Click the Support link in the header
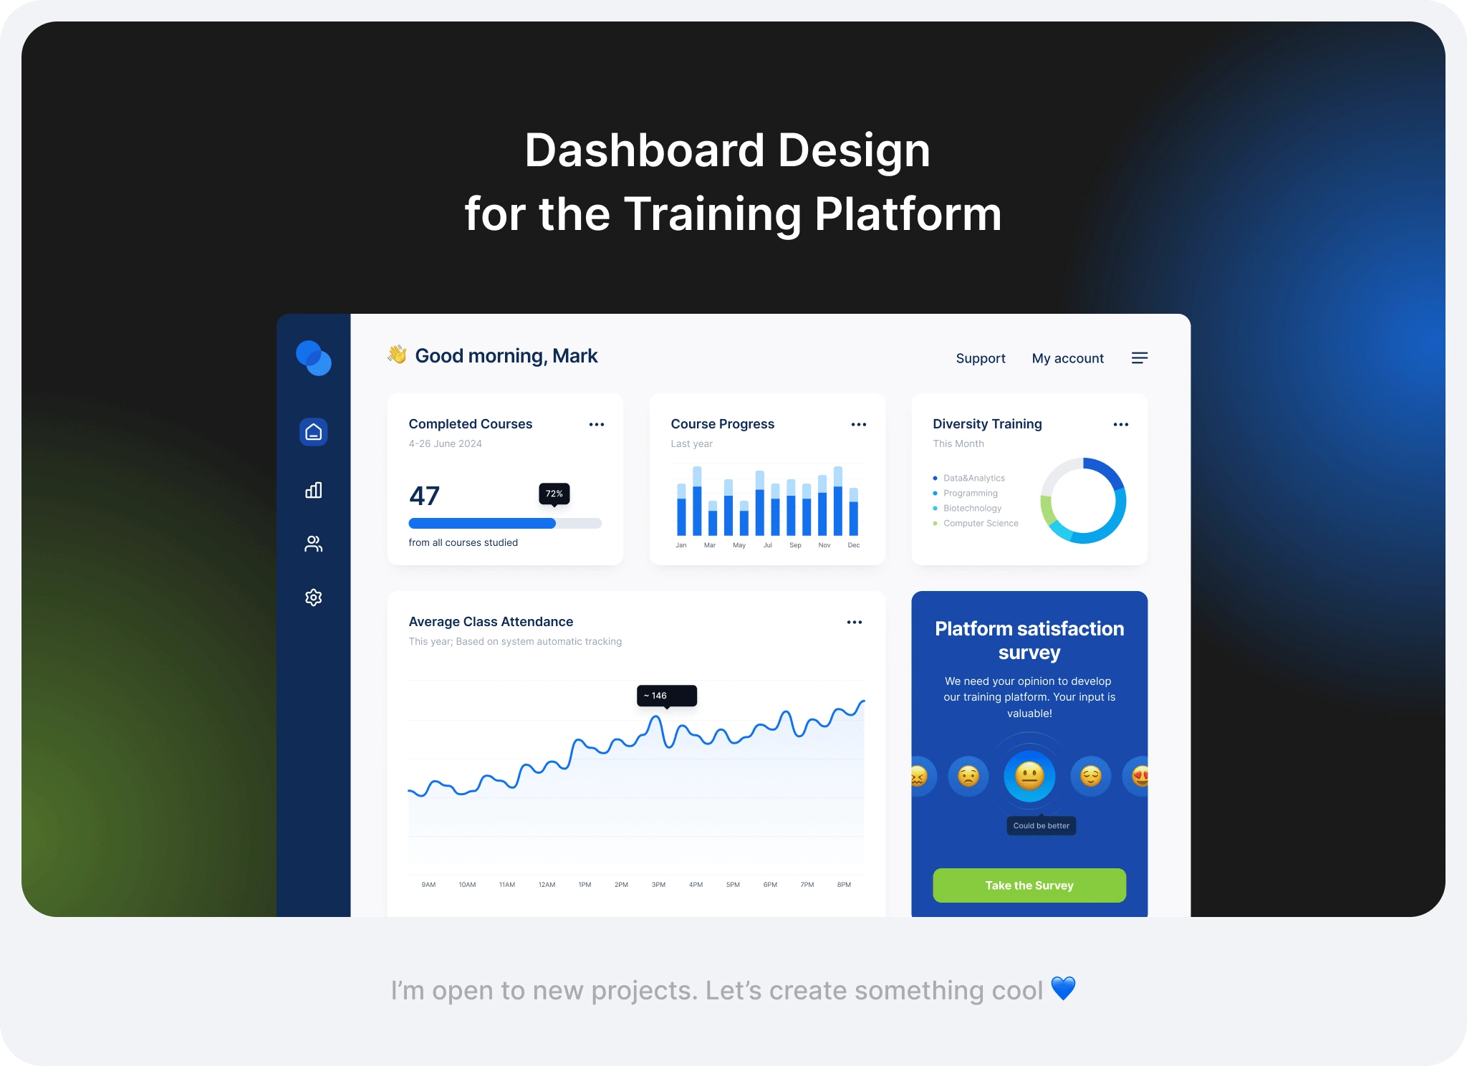[980, 358]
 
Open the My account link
[1067, 358]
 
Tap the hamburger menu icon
[1140, 358]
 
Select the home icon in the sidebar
[314, 432]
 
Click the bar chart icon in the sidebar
[314, 490]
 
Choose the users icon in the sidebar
[314, 544]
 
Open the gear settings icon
[314, 597]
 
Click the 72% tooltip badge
[554, 494]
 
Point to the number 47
[424, 496]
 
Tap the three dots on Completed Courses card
[597, 425]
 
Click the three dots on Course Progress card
[859, 425]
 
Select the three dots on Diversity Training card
[1121, 425]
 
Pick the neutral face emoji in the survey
[1029, 776]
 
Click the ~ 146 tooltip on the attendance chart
[667, 696]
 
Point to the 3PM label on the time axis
[658, 885]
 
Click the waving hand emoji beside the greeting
[397, 355]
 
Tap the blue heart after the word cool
[1064, 989]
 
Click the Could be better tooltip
[1042, 825]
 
